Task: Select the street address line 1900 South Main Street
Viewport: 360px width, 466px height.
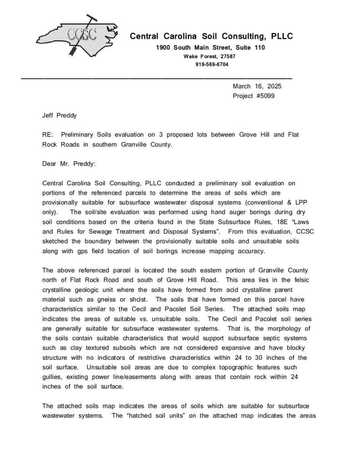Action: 210,48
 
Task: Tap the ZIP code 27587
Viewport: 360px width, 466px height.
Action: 227,56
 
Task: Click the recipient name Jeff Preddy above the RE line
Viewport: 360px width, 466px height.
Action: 60,115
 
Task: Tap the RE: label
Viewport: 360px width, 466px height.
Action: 48,135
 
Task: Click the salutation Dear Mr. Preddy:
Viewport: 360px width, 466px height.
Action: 69,163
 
